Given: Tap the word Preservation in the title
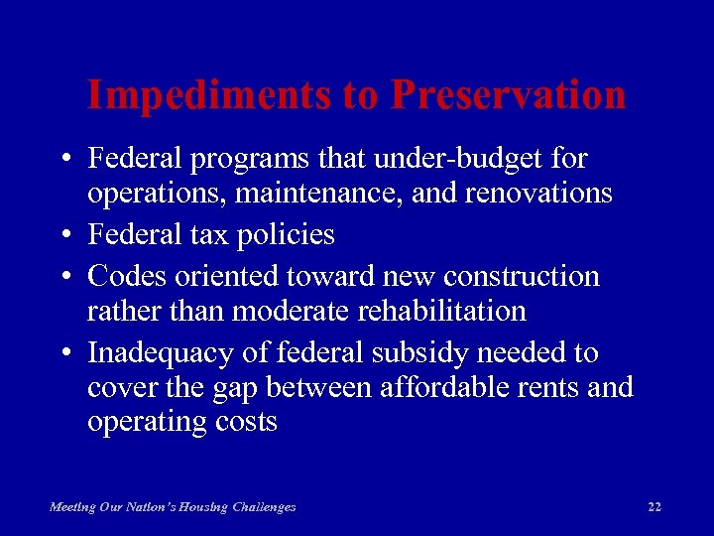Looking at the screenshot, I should point(508,95).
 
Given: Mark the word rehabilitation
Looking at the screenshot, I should point(438,311).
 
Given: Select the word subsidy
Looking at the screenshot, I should point(402,353).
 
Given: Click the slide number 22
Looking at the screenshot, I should point(654,507).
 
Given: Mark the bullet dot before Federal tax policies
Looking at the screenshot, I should point(62,236).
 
